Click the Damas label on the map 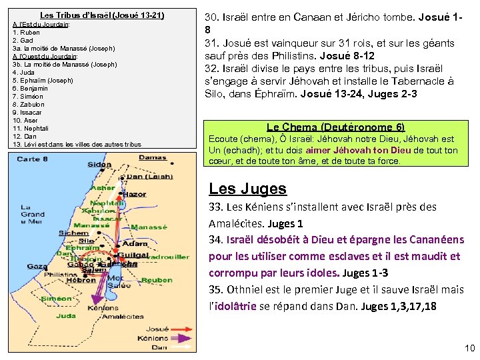coord(153,157)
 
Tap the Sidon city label coord(100,164)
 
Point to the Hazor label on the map coord(135,194)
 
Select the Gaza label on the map coord(37,266)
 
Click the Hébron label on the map coord(81,281)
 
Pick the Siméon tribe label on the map coord(56,299)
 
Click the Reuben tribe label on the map coord(157,281)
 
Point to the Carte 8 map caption coord(33,159)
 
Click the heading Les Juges coord(247,189)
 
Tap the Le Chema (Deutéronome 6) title coord(335,127)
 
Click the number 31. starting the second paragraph coord(213,43)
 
